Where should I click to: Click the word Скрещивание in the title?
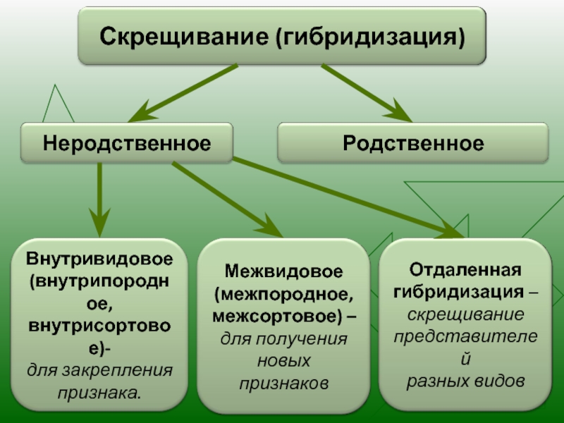point(184,37)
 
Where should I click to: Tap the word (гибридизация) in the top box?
point(371,37)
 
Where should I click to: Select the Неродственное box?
point(127,143)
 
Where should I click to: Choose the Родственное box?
point(413,143)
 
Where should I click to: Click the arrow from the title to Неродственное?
point(183,93)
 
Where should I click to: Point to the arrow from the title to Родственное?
point(367,93)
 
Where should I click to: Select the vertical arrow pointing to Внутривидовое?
point(99,200)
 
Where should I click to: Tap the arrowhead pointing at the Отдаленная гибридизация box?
point(450,231)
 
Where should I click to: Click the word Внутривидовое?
point(99,259)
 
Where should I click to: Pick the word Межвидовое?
point(284,271)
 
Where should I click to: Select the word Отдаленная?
point(465,270)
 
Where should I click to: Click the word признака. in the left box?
point(99,393)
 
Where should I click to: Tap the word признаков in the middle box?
point(284,384)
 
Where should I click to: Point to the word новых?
point(284,361)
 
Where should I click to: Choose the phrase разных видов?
point(465,381)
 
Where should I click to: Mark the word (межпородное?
point(284,294)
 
